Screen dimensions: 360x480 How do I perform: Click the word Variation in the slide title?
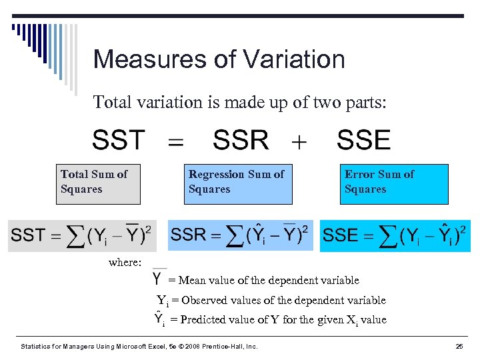tap(290, 59)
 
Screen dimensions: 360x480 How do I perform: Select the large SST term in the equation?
tap(119, 141)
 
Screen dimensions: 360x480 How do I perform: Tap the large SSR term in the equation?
tap(241, 141)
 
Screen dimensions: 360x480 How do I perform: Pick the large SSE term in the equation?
tap(363, 141)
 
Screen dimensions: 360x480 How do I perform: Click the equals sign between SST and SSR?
tap(175, 142)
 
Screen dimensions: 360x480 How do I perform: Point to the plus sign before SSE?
tap(299, 142)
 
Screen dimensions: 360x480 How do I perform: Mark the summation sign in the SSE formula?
tap(385, 235)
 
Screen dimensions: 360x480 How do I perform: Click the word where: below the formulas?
tap(125, 263)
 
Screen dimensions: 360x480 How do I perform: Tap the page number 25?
tap(459, 347)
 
